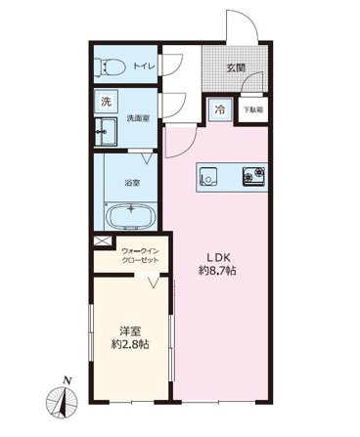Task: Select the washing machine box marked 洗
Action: [x=106, y=102]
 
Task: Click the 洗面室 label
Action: [x=138, y=118]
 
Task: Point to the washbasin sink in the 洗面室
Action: [x=106, y=132]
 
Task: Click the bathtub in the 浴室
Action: [x=131, y=215]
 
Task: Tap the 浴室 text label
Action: [x=132, y=183]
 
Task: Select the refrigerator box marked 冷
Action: [x=220, y=109]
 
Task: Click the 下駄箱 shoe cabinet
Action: [x=253, y=110]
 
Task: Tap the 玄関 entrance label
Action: [x=236, y=68]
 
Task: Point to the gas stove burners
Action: [x=253, y=176]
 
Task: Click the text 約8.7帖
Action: [x=217, y=271]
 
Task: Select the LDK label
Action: [x=218, y=257]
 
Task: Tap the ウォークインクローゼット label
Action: [x=140, y=255]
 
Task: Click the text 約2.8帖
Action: [x=130, y=345]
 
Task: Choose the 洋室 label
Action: [x=130, y=331]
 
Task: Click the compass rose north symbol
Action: [x=62, y=401]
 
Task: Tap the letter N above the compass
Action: [x=67, y=380]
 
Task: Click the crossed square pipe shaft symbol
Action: [x=98, y=241]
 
